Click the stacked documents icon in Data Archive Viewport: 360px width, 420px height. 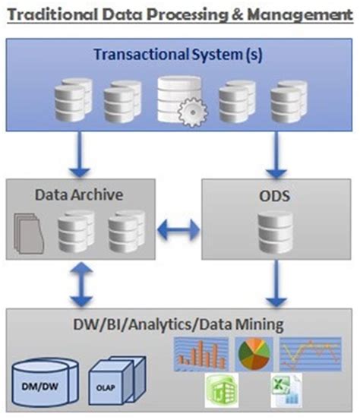28,232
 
